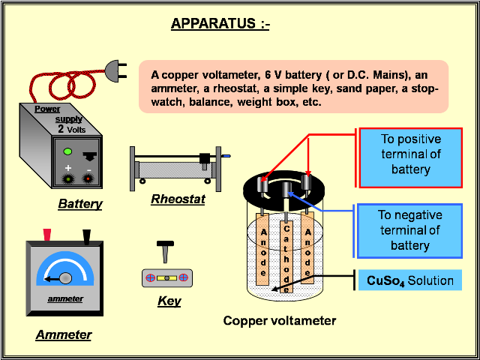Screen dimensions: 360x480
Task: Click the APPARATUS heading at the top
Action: pyautogui.click(x=220, y=23)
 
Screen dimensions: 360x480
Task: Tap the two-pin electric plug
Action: pyautogui.click(x=115, y=71)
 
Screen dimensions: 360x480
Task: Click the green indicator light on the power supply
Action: pyautogui.click(x=67, y=151)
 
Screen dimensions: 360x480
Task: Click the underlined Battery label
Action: pyautogui.click(x=79, y=203)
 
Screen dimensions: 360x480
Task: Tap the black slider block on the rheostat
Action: pyautogui.click(x=204, y=158)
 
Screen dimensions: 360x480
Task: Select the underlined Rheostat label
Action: pyautogui.click(x=177, y=199)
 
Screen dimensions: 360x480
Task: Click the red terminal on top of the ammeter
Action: pyautogui.click(x=47, y=235)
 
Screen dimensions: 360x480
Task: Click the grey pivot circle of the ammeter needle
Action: pyautogui.click(x=66, y=277)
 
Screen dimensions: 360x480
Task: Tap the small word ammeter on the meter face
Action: pyautogui.click(x=65, y=298)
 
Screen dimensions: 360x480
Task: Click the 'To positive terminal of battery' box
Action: pyautogui.click(x=409, y=154)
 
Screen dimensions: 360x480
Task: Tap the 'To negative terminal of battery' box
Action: pyautogui.click(x=409, y=230)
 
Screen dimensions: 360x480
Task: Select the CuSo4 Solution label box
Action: pyautogui.click(x=409, y=281)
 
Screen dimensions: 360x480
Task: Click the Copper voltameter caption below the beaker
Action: pyautogui.click(x=280, y=321)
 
